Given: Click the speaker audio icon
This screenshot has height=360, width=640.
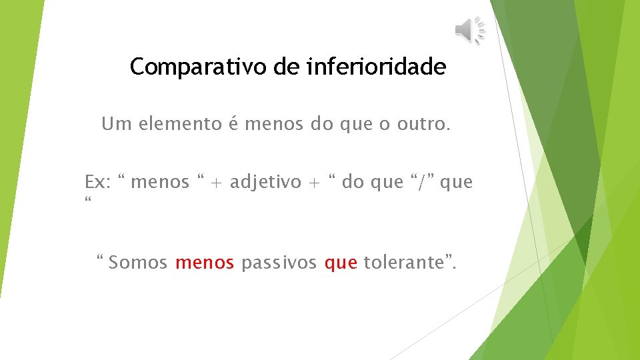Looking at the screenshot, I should [470, 30].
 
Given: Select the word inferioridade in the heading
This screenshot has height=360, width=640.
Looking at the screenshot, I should [377, 67].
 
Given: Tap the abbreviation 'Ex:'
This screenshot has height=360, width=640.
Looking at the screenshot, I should [97, 182].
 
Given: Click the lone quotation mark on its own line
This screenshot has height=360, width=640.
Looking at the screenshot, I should [88, 201].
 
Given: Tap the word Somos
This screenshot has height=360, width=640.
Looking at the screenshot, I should [138, 263].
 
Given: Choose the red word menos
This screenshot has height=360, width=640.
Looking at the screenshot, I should [205, 263].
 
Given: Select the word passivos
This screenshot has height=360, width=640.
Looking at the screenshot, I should [279, 263].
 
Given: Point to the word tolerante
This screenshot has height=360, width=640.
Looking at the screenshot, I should [406, 263].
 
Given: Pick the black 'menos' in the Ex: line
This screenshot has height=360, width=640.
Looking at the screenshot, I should [160, 182].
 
